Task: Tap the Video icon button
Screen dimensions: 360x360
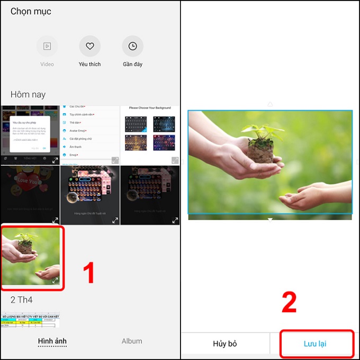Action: (x=47, y=47)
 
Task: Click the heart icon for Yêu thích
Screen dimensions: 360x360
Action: (x=89, y=47)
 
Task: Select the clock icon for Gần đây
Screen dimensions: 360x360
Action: (x=132, y=47)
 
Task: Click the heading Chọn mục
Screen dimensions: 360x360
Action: (x=31, y=11)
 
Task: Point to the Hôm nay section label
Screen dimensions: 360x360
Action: (x=28, y=95)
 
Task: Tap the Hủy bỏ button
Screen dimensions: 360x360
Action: (x=225, y=344)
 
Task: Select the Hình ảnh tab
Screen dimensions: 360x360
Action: (x=52, y=341)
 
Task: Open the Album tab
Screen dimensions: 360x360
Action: (x=132, y=341)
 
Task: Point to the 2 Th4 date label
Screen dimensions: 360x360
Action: (x=22, y=300)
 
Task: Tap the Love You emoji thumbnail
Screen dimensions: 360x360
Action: (x=30, y=195)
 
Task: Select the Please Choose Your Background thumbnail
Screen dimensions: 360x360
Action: (x=150, y=134)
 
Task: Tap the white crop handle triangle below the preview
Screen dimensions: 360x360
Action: (x=270, y=219)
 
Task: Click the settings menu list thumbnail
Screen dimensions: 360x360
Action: (x=90, y=134)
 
